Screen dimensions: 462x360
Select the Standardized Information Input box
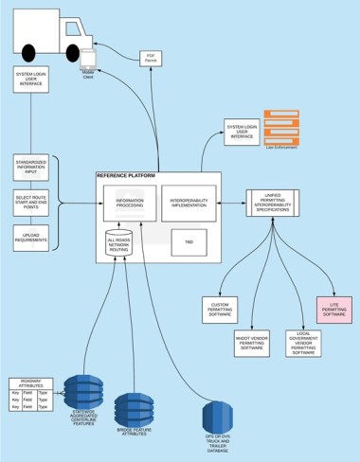click(31, 169)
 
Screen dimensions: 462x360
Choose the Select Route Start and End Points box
click(31, 202)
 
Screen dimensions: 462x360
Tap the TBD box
click(189, 242)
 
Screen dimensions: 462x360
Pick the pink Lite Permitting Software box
click(334, 310)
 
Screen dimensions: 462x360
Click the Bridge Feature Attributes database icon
click(133, 409)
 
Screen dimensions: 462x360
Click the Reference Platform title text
click(126, 176)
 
